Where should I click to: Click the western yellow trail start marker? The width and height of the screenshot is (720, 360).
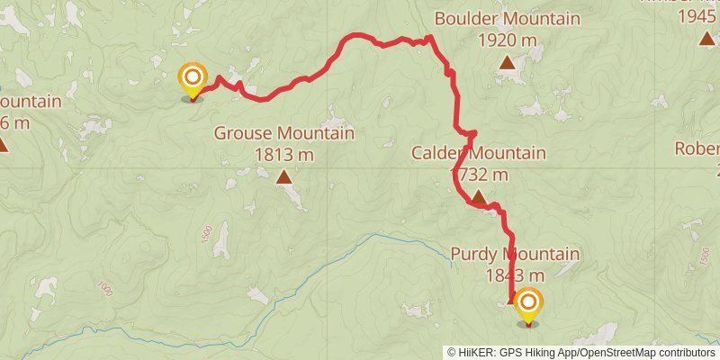192,78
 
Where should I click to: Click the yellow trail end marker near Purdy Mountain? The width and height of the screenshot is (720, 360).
527,304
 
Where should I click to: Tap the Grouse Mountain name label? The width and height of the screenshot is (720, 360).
283,134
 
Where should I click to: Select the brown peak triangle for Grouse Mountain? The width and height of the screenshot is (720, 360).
284,176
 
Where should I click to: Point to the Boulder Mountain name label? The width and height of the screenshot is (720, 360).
507,18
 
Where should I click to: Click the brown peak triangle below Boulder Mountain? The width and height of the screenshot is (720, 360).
508,62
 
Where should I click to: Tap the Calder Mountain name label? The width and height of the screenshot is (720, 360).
479,153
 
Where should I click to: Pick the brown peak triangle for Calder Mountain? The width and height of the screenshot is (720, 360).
479,196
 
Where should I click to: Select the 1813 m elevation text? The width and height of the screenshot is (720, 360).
283,155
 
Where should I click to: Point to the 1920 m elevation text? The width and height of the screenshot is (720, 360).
508,40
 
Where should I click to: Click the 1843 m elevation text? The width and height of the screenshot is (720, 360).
516,275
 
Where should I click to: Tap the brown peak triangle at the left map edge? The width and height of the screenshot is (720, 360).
3,144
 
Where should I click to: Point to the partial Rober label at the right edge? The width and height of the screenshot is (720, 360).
698,149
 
